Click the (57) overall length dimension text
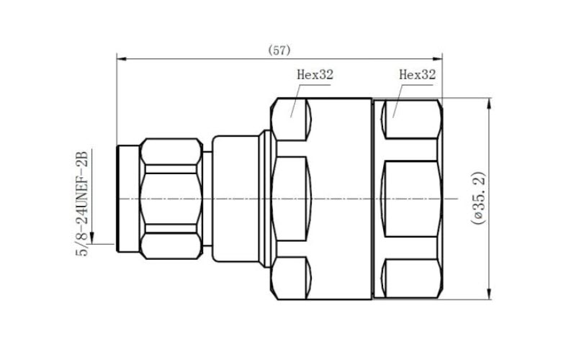pyautogui.click(x=279, y=50)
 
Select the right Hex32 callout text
pyautogui.click(x=418, y=73)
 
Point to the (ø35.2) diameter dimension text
pyautogui.click(x=477, y=199)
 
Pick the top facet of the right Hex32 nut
pyautogui.click(x=411, y=120)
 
